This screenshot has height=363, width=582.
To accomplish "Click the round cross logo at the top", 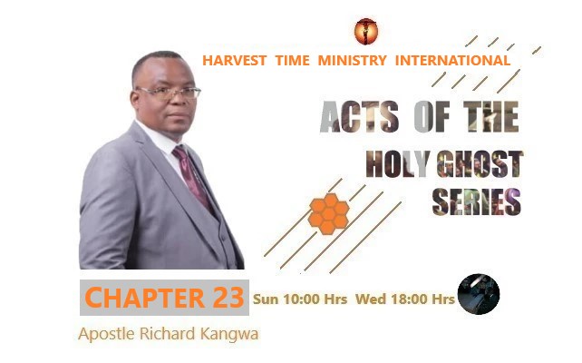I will [x=366, y=32].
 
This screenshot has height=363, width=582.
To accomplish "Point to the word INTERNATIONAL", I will [x=451, y=61].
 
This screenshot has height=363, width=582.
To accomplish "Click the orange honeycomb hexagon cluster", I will [x=329, y=212].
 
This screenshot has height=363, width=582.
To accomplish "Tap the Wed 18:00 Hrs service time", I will [x=404, y=298].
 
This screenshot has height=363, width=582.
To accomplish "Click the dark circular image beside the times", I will [x=478, y=294].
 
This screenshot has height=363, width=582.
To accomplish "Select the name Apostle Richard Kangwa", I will [x=169, y=334].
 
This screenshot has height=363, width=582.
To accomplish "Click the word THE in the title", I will [x=486, y=118].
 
